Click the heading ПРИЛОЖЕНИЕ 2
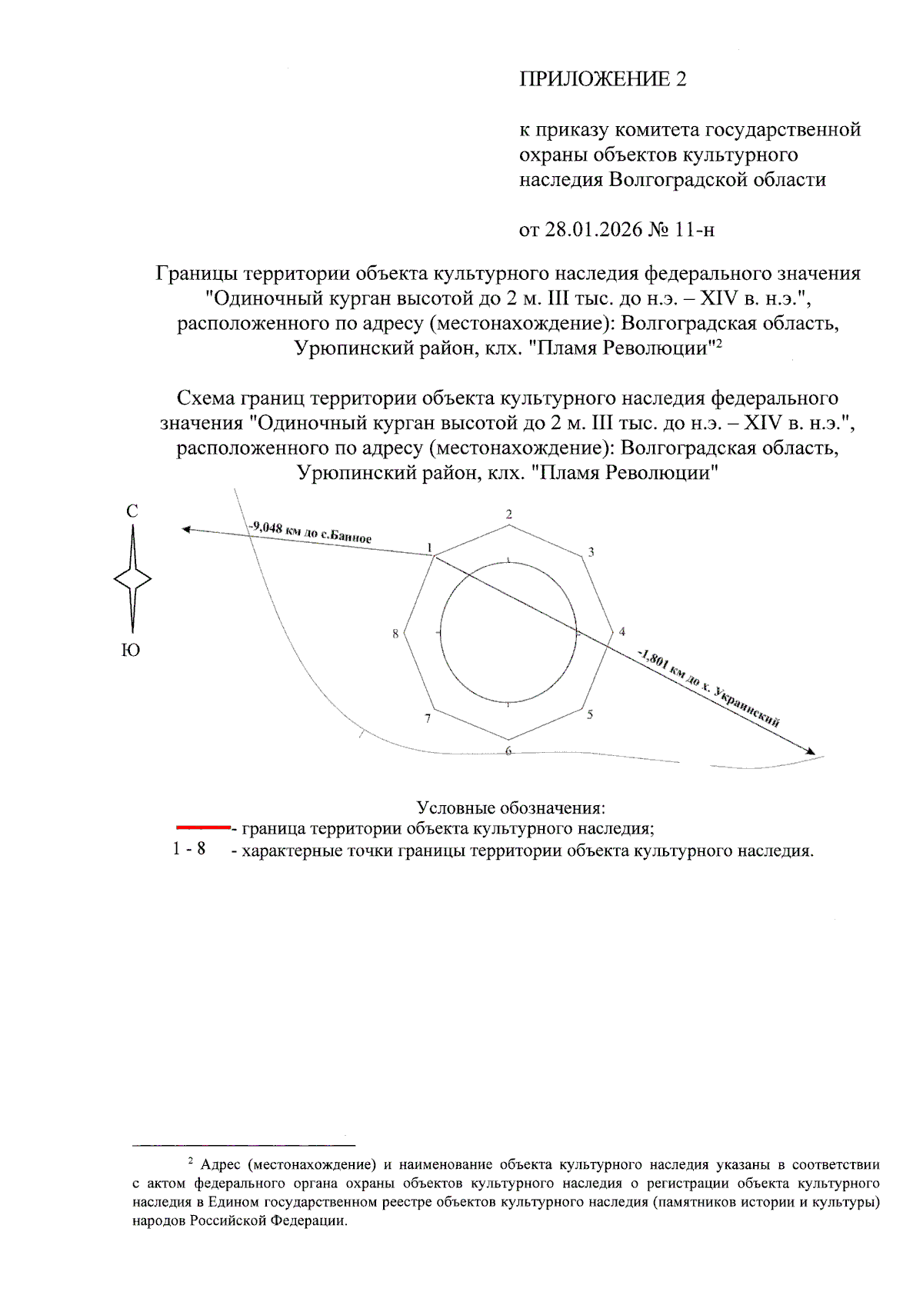(x=602, y=79)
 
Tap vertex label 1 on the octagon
(x=430, y=548)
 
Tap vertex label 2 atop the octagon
(x=508, y=514)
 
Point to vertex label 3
(x=591, y=551)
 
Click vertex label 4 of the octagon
(x=622, y=632)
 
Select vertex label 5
(x=590, y=714)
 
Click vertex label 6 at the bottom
(x=508, y=751)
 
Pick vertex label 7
(x=428, y=718)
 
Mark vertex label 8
(x=395, y=634)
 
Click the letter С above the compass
(x=132, y=511)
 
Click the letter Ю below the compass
(x=132, y=651)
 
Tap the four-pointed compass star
(x=132, y=579)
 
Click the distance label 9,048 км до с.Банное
(x=310, y=532)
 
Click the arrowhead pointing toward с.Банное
(x=185, y=529)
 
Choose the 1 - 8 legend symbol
(x=189, y=849)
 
